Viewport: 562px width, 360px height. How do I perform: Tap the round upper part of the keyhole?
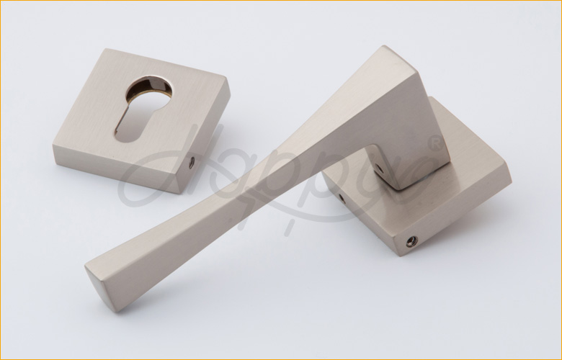tap(149, 91)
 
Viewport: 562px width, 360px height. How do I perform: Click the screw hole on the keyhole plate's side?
tap(192, 163)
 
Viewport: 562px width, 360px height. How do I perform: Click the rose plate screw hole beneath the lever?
tap(340, 195)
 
